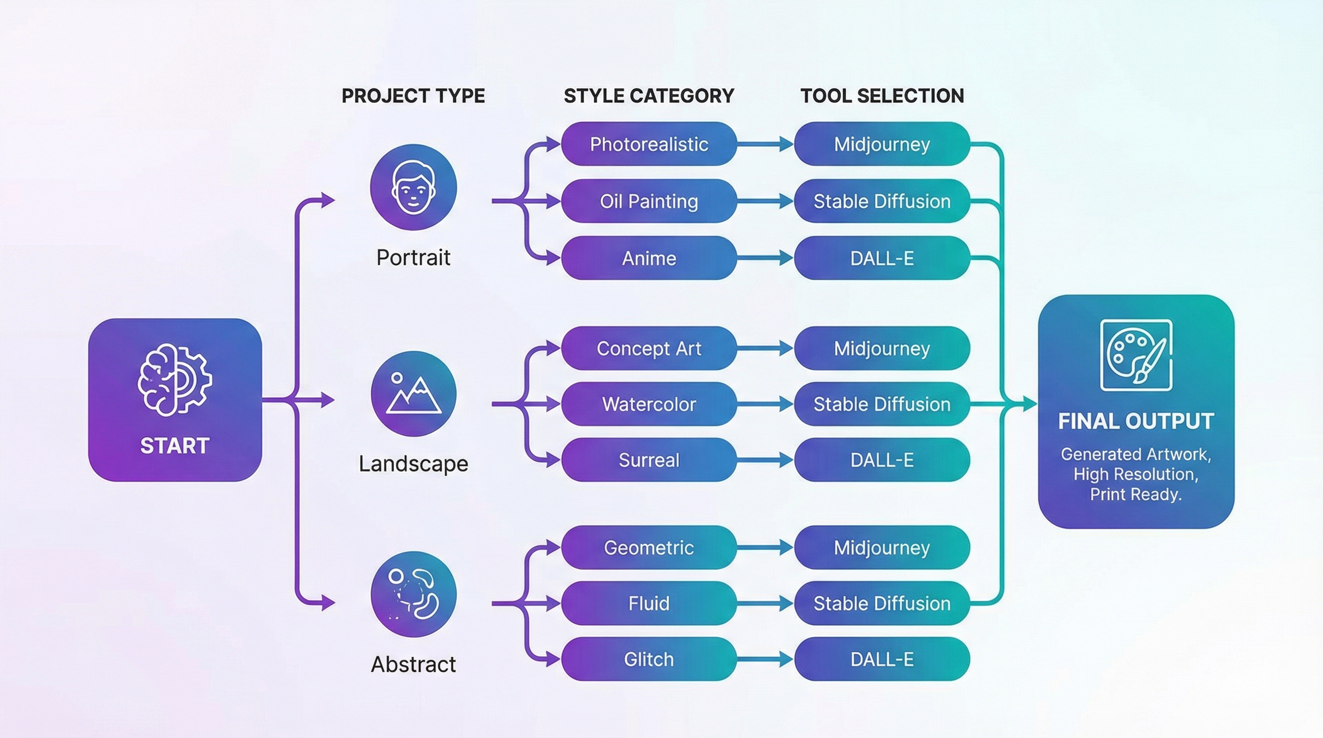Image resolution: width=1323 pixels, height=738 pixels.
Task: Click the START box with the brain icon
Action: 175,399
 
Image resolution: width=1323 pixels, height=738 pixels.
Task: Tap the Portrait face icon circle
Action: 413,187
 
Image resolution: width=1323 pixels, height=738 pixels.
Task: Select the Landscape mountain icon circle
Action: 413,394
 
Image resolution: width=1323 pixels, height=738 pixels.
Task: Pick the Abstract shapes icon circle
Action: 413,594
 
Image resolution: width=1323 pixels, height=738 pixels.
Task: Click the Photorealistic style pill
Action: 649,144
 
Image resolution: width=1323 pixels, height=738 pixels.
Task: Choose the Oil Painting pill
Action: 649,201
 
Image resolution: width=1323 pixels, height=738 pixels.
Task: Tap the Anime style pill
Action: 649,258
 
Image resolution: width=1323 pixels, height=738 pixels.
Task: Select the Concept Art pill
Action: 649,348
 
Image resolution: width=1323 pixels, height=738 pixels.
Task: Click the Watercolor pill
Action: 649,404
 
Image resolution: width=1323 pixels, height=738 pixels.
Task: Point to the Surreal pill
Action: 649,459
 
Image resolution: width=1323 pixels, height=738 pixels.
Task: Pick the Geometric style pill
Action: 649,547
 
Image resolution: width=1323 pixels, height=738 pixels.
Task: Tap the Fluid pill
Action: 649,603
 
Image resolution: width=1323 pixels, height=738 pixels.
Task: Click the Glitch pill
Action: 649,659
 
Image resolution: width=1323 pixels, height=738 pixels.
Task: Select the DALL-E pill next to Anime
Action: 881,258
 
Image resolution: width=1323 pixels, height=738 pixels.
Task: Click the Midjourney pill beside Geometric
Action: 881,547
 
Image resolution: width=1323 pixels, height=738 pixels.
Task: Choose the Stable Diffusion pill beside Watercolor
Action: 881,404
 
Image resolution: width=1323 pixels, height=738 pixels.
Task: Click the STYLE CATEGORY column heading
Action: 649,96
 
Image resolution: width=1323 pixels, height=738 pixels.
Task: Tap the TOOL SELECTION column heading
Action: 881,96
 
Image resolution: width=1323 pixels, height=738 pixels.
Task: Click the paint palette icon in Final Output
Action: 1136,355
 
